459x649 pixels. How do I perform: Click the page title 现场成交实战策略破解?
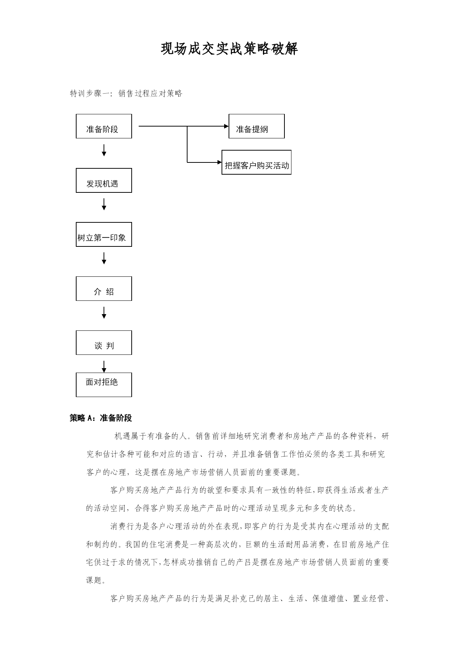click(x=229, y=49)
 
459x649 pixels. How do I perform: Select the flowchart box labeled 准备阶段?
click(x=104, y=126)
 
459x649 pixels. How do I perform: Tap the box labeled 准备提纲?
click(x=257, y=126)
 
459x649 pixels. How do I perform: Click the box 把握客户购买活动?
click(x=256, y=162)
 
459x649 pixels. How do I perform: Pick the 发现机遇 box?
click(x=104, y=180)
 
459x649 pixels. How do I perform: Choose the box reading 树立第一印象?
click(x=104, y=234)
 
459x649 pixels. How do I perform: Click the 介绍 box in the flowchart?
click(x=104, y=289)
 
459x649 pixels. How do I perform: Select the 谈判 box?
click(x=104, y=343)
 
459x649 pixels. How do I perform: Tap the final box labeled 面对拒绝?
click(x=104, y=385)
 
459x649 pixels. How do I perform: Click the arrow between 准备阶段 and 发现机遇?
click(x=104, y=150)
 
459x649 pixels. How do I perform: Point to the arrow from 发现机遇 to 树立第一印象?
click(x=104, y=204)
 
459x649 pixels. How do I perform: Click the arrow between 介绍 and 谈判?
click(x=104, y=313)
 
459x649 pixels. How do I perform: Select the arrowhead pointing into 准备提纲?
click(x=226, y=126)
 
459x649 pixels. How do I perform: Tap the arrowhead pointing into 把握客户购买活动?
click(x=219, y=162)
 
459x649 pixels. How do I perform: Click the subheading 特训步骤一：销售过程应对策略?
click(x=126, y=94)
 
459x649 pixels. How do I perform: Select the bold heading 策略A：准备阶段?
click(x=101, y=418)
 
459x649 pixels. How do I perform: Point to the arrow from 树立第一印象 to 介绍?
click(x=104, y=258)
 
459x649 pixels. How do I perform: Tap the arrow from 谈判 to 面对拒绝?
click(x=104, y=367)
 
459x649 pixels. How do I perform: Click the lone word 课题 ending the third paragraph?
click(x=94, y=581)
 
